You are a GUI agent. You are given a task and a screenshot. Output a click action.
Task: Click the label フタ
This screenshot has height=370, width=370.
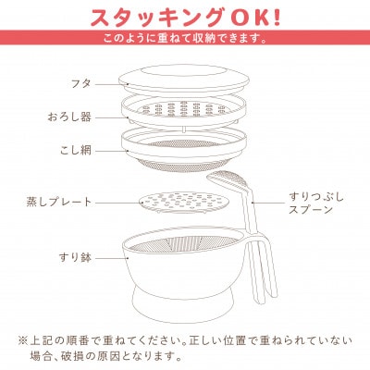[x=80, y=83]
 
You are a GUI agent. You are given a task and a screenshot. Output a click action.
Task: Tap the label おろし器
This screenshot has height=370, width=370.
[x=69, y=117]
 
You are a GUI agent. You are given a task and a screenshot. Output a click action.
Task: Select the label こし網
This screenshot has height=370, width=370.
[x=76, y=151]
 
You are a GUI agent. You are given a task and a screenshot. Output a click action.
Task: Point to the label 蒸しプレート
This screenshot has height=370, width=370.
[x=59, y=203]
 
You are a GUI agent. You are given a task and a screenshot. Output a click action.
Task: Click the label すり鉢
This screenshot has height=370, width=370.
[x=75, y=257]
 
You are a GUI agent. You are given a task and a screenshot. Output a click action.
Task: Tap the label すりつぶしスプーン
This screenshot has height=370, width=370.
[x=316, y=203]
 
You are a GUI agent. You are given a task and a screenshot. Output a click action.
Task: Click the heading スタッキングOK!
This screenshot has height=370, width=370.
[x=185, y=17]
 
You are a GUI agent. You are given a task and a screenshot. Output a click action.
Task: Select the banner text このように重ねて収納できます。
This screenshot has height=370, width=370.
[x=185, y=39]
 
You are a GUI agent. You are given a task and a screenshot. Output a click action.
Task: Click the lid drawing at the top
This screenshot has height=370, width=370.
[x=184, y=80]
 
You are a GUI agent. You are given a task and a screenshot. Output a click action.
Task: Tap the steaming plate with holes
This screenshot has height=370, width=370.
[x=185, y=202]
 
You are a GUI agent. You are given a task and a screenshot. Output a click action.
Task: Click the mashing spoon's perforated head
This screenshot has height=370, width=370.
[x=228, y=179]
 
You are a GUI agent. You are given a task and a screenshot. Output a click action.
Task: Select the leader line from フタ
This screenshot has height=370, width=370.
[x=111, y=84]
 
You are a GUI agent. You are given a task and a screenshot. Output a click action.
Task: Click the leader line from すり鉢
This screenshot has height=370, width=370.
[x=111, y=258]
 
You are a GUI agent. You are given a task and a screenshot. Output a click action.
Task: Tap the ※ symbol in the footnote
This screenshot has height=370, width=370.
[x=23, y=341]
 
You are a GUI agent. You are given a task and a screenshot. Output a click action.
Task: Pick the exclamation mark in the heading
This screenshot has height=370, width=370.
[x=277, y=18]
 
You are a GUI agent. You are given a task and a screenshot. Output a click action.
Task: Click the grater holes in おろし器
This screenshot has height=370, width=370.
[x=184, y=109]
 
